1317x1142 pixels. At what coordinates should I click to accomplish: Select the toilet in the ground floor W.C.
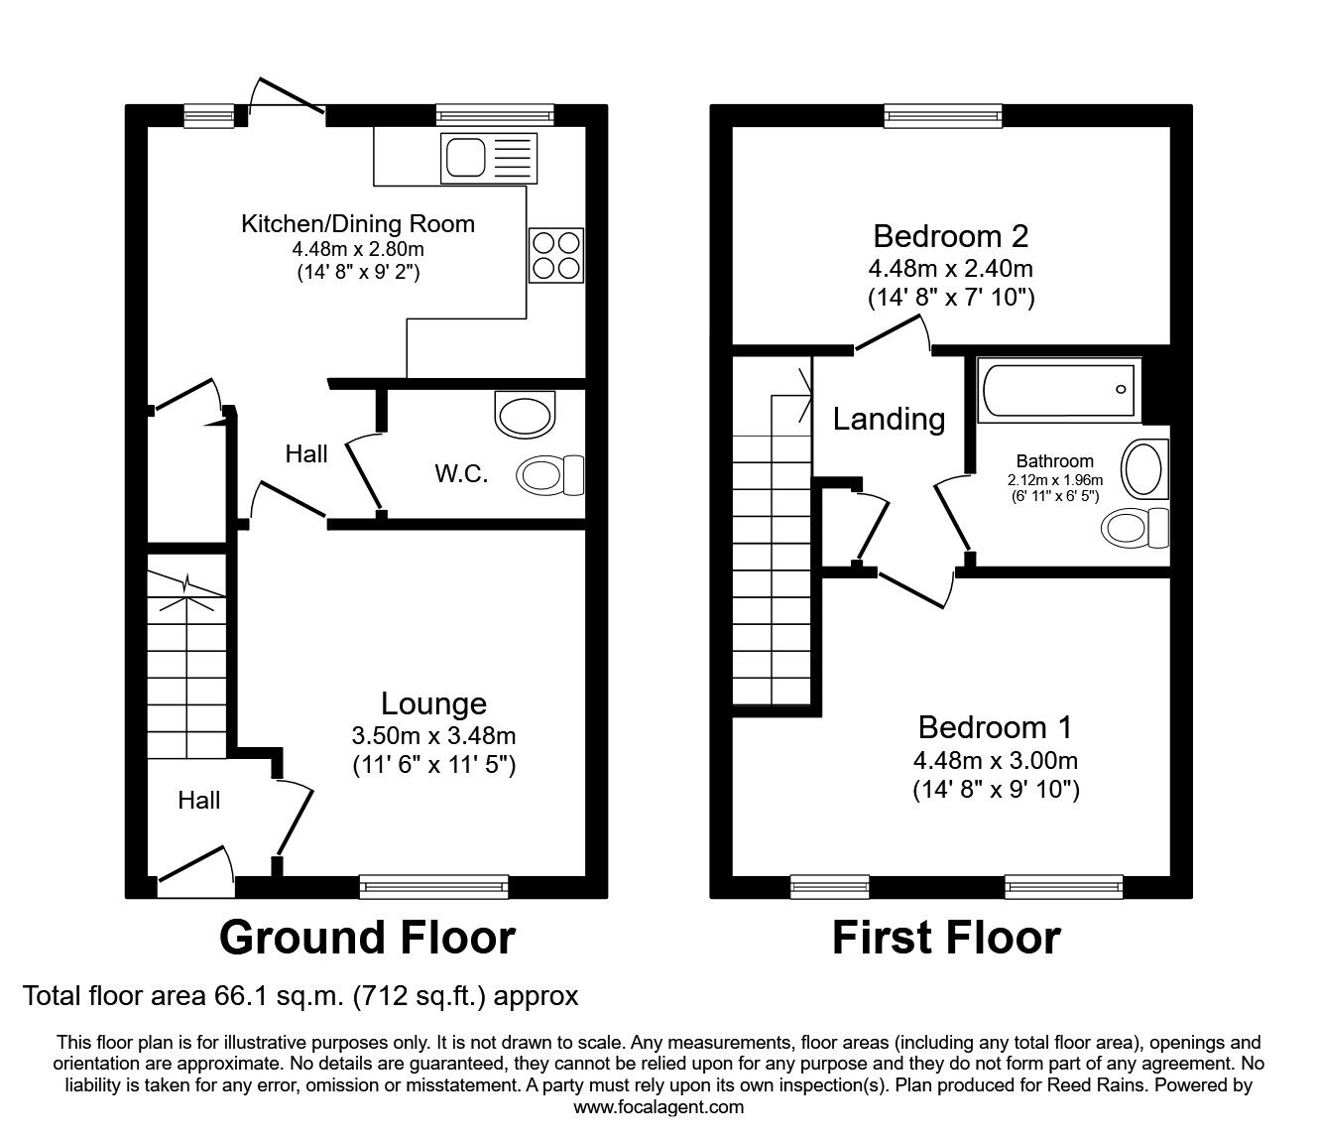point(550,475)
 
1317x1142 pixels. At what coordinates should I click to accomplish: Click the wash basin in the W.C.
point(526,416)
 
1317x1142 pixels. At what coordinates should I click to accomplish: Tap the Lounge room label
point(433,703)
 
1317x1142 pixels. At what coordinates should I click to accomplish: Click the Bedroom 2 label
point(950,236)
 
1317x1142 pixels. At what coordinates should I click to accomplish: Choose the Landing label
point(888,419)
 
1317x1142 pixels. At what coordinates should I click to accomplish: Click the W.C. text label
point(461,474)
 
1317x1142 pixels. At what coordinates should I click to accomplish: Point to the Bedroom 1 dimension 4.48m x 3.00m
point(995,761)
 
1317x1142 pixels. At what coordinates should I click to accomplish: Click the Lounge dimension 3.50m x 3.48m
point(433,736)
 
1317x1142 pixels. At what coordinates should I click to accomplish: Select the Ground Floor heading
point(367,938)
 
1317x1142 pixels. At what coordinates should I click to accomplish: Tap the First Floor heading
point(946,938)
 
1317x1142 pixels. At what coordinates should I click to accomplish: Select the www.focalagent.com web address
point(658,1107)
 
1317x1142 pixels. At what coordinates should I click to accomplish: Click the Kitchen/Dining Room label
point(358,224)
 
